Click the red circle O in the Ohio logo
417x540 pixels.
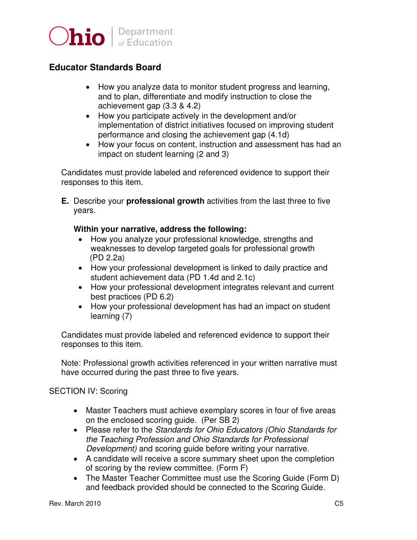(x=58, y=36)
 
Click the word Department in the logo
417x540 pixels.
(x=146, y=32)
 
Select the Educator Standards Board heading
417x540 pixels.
(x=105, y=67)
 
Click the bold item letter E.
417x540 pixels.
(x=65, y=201)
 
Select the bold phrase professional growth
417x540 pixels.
(x=165, y=201)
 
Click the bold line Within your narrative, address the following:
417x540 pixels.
(x=160, y=229)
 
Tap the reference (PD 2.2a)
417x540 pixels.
(x=108, y=258)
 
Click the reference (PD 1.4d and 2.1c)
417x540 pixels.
(x=221, y=277)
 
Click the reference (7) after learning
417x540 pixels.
(x=127, y=316)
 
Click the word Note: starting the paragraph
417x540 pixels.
(x=71, y=363)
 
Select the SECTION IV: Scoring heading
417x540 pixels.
(x=88, y=391)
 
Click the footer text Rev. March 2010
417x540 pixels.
(x=75, y=504)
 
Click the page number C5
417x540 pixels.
(x=339, y=504)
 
